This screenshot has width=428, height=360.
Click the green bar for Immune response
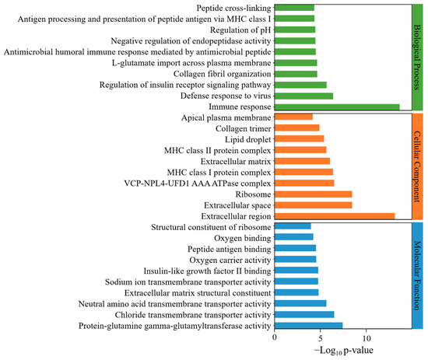pos(337,107)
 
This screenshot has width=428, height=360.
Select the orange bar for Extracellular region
pos(335,215)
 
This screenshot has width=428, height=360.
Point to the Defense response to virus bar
pos(303,96)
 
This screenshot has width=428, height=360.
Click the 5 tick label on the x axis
pos(321,339)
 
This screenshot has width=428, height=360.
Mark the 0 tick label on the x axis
pos(275,339)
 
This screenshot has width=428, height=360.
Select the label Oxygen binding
pos(237,237)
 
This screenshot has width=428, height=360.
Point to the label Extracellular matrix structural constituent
pos(188,292)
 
